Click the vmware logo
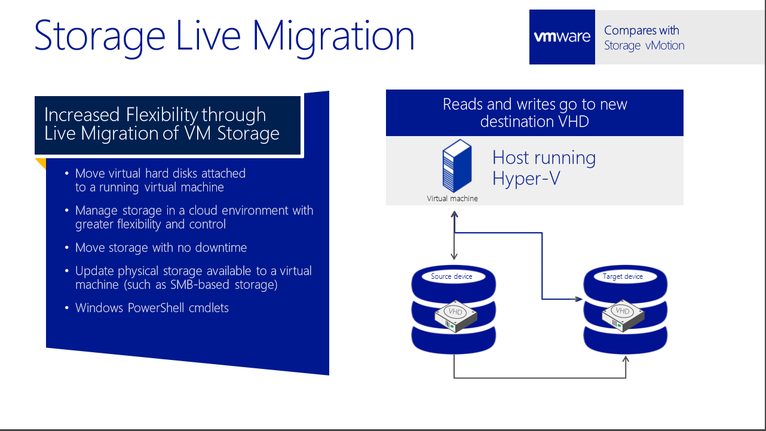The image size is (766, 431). click(x=562, y=36)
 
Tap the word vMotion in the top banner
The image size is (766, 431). click(x=665, y=45)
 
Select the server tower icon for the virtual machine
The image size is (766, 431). click(x=457, y=165)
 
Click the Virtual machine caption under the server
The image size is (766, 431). click(x=452, y=198)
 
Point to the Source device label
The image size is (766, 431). click(x=451, y=276)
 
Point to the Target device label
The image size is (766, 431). click(x=623, y=276)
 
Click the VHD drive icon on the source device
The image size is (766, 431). click(x=455, y=316)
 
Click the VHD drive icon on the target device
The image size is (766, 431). click(x=623, y=316)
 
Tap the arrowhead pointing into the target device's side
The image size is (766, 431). click(x=578, y=299)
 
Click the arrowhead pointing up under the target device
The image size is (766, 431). click(x=626, y=359)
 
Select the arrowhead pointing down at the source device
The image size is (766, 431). click(x=454, y=257)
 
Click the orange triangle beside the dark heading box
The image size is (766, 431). click(x=41, y=163)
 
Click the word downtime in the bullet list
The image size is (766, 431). click(x=221, y=248)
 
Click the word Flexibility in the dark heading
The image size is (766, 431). click(x=162, y=115)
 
